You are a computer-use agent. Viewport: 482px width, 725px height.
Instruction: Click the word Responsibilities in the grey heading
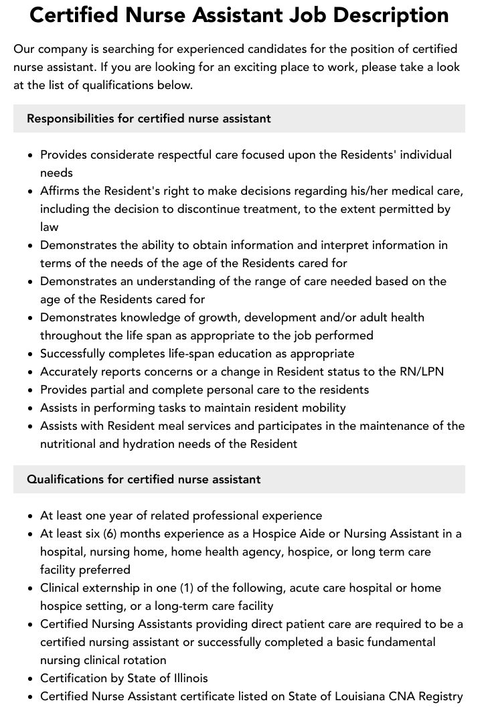pyautogui.click(x=70, y=118)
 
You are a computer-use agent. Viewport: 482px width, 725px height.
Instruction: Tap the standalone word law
pyautogui.click(x=49, y=227)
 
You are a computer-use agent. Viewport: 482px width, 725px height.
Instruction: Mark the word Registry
pyautogui.click(x=439, y=696)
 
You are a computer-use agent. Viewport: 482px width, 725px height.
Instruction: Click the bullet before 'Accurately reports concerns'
pyautogui.click(x=31, y=372)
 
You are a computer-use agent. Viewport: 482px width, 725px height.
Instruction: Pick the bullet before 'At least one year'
pyautogui.click(x=31, y=515)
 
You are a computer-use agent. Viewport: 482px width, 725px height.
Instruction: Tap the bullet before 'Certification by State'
pyautogui.click(x=31, y=678)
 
